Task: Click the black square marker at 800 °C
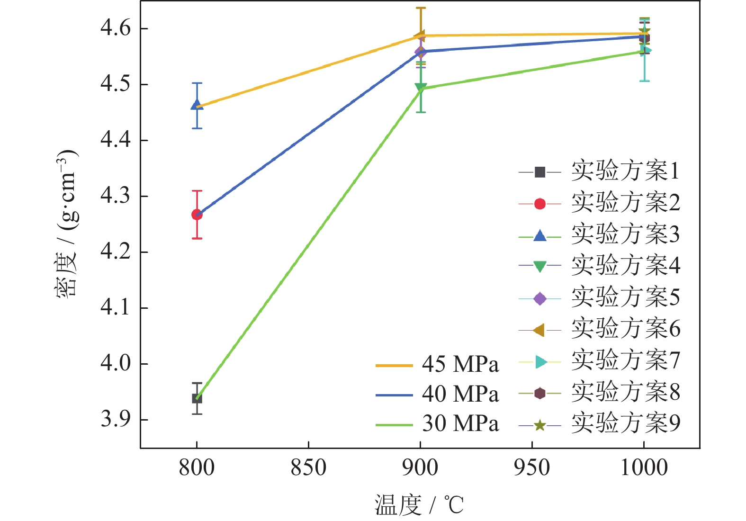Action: [x=197, y=398]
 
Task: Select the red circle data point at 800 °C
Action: [x=197, y=215]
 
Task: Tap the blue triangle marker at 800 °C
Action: [x=197, y=105]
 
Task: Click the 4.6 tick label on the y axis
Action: [x=115, y=28]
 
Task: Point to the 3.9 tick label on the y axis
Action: [x=115, y=419]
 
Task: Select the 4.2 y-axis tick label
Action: [x=115, y=252]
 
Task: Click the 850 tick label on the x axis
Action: [x=308, y=468]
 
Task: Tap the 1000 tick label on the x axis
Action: [x=644, y=468]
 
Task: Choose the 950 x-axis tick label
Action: [x=532, y=468]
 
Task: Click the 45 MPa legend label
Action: [x=460, y=365]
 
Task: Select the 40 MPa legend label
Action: [x=460, y=394]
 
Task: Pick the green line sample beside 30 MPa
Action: [x=394, y=425]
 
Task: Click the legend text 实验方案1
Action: [x=625, y=171]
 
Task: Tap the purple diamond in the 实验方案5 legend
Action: [x=539, y=298]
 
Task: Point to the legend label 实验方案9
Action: [x=625, y=423]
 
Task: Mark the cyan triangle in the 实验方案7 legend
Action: [x=540, y=362]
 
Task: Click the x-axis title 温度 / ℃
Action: [x=419, y=505]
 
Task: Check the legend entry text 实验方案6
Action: [x=625, y=329]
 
